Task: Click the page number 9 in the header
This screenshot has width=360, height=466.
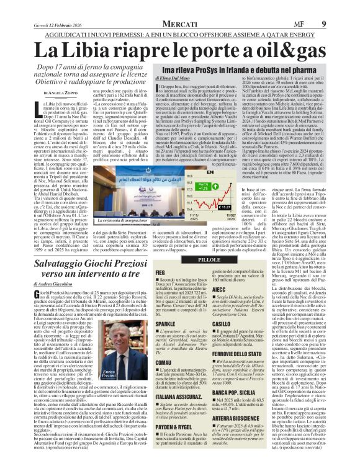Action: pyautogui.click(x=342, y=7)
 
